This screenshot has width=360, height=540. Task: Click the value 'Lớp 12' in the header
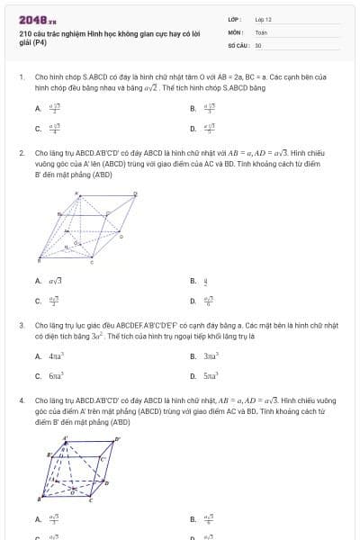coord(263,19)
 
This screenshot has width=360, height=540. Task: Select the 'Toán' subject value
coord(261,31)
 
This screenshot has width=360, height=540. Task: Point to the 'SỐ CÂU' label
coord(238,44)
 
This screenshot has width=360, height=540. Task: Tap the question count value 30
coord(258,44)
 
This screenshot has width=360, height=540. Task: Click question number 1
coord(21,78)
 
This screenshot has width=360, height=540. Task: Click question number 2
coord(21,154)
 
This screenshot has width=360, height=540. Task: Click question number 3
coord(21,325)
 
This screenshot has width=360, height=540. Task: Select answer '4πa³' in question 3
coord(54,356)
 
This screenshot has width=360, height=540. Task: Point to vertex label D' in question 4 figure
coord(117,440)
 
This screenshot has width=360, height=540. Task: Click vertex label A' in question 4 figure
coord(65,439)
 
